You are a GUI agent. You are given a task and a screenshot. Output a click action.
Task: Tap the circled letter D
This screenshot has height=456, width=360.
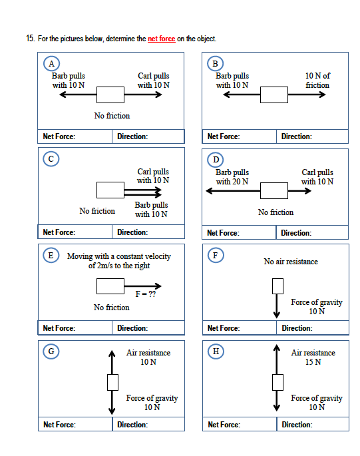[215, 160]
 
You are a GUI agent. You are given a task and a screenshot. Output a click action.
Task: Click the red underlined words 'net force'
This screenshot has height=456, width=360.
[161, 39]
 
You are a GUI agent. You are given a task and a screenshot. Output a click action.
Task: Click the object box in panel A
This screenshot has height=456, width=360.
[110, 95]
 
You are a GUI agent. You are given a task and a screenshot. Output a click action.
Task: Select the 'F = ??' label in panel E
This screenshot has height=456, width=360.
[145, 294]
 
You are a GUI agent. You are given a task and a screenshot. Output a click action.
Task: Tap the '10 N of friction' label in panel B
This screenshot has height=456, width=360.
[317, 81]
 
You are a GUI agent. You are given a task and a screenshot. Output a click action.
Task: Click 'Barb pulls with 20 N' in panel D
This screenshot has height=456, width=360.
[232, 176]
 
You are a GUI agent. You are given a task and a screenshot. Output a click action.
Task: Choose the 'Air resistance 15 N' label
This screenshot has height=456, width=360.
[313, 357]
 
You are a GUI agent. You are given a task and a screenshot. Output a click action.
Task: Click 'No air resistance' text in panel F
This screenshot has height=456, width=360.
[291, 262]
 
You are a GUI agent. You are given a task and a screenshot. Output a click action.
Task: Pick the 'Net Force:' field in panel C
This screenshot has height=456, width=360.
[75, 232]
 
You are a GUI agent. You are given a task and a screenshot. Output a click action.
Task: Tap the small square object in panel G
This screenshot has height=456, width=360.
[112, 382]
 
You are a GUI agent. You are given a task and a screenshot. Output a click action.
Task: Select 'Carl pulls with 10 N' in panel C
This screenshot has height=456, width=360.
[153, 176]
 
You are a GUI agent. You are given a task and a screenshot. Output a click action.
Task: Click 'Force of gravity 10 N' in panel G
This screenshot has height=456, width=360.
[152, 403]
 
